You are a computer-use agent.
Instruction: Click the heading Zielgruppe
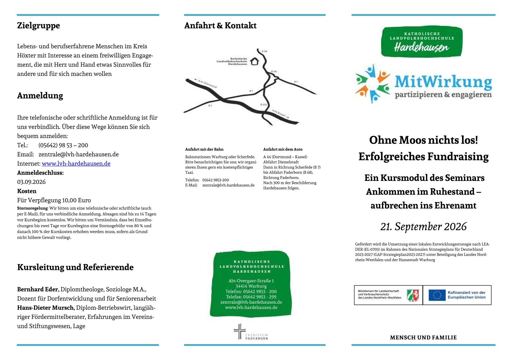click(38, 25)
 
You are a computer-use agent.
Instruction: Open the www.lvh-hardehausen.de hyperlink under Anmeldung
click(76, 164)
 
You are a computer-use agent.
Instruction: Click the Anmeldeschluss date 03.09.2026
click(31, 182)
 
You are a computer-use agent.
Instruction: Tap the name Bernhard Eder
click(38, 289)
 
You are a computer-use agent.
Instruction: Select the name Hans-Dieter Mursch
click(46, 308)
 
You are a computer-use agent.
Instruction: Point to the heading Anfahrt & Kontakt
click(220, 25)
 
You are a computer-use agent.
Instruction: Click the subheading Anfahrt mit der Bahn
click(204, 149)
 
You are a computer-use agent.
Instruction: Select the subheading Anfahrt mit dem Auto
click(282, 149)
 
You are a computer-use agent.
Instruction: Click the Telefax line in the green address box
click(251, 297)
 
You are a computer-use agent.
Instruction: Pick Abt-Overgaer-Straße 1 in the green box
click(251, 281)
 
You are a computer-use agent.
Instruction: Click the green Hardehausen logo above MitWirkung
click(422, 42)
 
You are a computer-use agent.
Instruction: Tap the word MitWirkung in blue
click(443, 82)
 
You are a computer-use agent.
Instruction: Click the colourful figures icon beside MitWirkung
click(373, 83)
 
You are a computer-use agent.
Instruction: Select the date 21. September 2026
click(423, 226)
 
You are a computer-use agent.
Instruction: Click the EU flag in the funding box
click(437, 295)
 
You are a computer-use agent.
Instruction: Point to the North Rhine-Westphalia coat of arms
click(413, 295)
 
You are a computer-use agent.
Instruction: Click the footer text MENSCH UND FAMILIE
click(423, 338)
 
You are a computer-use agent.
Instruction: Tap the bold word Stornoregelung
click(32, 208)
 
